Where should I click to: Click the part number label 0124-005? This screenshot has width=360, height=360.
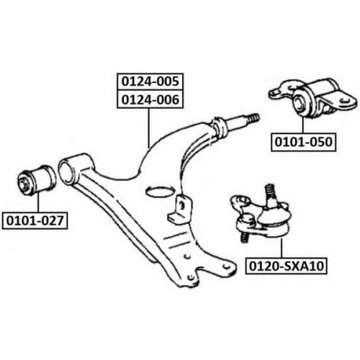click(x=150, y=81)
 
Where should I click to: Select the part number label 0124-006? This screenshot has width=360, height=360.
click(x=150, y=99)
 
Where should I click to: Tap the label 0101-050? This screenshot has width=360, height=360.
click(x=303, y=142)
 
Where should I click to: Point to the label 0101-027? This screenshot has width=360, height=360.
click(x=35, y=220)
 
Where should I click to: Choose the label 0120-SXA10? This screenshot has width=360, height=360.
click(x=287, y=266)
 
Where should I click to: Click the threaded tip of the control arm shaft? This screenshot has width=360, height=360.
click(x=253, y=119)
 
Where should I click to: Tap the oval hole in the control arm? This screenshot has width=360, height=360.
click(x=159, y=192)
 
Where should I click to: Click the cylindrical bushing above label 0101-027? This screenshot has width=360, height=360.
click(x=37, y=177)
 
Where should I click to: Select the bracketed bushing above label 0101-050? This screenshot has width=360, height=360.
click(x=312, y=98)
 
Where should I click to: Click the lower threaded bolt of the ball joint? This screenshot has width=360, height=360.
click(x=243, y=238)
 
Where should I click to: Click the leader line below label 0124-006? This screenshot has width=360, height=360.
click(x=149, y=128)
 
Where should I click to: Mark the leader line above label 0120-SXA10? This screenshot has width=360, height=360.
click(x=282, y=247)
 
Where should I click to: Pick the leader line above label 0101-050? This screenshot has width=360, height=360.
click(x=303, y=125)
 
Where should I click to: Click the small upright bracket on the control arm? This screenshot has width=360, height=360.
click(x=180, y=208)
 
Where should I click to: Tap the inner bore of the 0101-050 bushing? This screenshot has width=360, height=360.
click(x=300, y=102)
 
